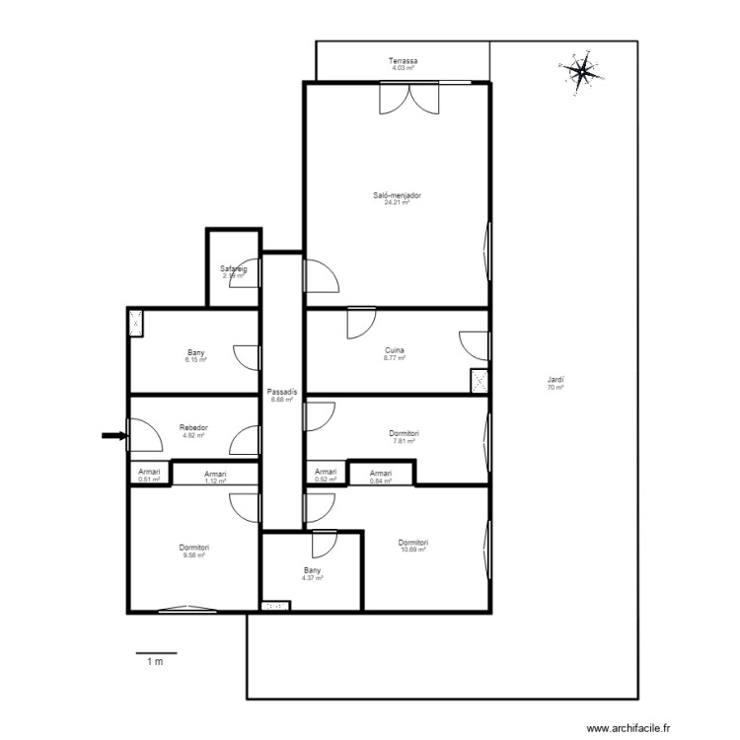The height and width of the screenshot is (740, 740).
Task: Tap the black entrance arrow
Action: (114, 435)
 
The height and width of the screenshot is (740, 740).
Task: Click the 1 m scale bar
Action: (155, 653)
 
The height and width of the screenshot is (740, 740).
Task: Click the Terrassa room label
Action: (403, 61)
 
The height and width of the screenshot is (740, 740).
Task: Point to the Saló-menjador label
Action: (398, 195)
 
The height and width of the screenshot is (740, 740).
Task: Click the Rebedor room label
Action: (192, 428)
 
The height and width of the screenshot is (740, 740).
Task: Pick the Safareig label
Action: (233, 268)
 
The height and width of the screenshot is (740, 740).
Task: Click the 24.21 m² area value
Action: (398, 202)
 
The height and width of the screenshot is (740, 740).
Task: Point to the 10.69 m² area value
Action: (413, 550)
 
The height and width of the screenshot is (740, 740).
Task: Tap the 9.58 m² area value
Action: (193, 555)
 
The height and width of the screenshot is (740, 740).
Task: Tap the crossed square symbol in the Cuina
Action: (480, 381)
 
